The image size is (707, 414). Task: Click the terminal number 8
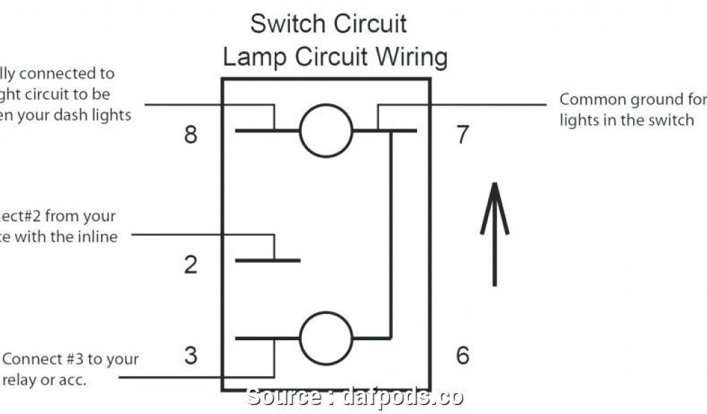pos(191,134)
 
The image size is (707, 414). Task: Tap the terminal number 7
pos(462,135)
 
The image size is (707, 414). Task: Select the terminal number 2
pos(191,265)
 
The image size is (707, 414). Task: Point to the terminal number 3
pos(191,355)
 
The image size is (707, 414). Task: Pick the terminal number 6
pos(462,355)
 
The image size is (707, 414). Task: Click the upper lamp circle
pos(326,130)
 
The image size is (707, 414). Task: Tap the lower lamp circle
pos(326,338)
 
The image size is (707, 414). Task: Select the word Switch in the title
pos(285,23)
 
